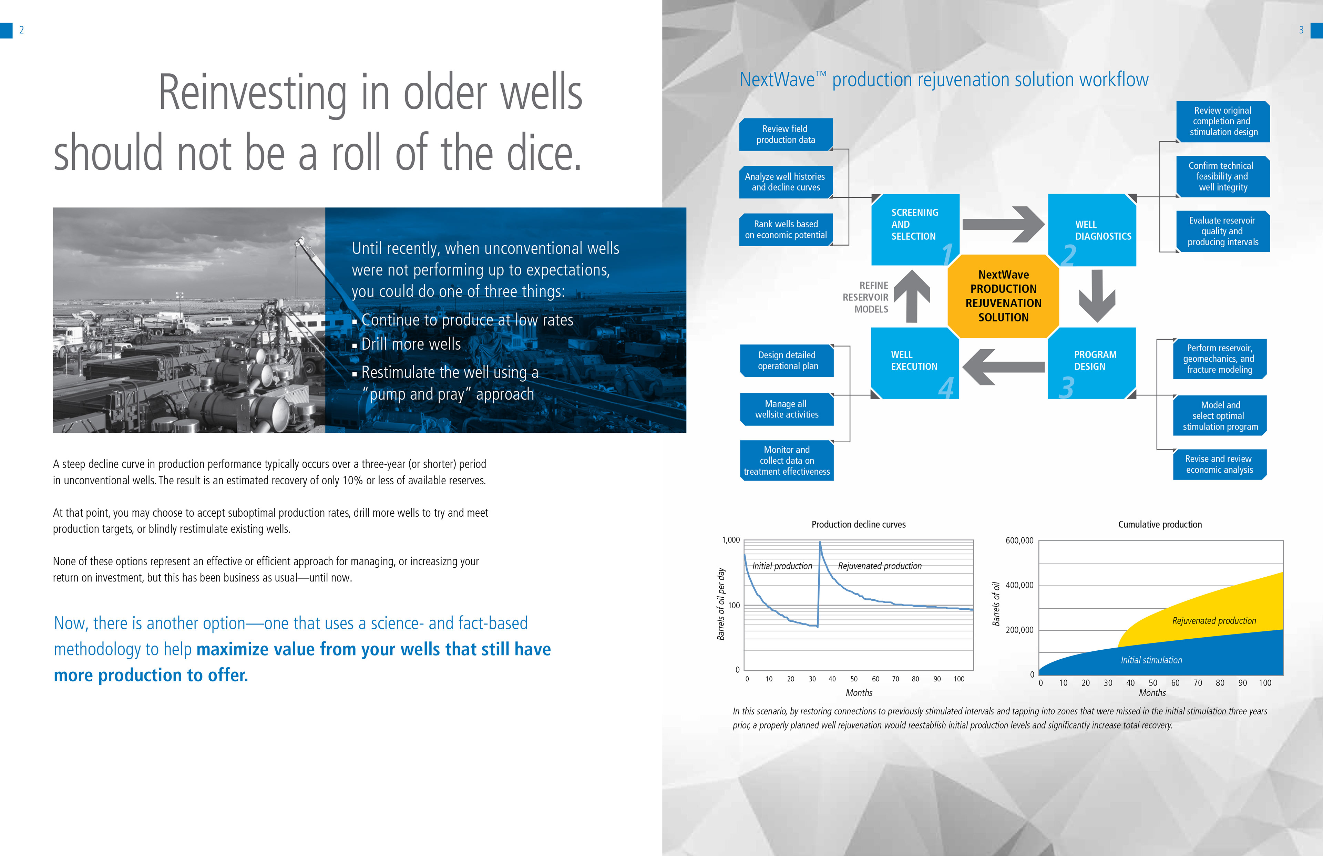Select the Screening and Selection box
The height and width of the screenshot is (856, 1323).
coord(915,229)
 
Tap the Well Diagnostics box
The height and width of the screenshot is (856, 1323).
coord(1092,229)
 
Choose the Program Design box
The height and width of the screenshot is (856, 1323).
coord(1092,363)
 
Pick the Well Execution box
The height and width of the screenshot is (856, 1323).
coord(915,363)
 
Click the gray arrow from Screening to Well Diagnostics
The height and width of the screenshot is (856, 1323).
coord(1003,224)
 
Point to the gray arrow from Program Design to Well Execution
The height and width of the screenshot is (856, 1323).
coord(1003,367)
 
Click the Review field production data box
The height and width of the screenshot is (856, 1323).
coord(786,134)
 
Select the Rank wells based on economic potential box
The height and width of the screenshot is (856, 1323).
coord(786,229)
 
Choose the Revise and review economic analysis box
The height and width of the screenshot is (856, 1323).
coord(1220,464)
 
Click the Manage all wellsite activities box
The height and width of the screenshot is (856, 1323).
coord(787,409)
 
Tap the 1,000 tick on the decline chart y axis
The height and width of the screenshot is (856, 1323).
coord(731,540)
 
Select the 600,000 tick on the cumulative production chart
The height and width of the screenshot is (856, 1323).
coord(1019,540)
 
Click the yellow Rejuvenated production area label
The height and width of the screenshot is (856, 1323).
coord(1214,620)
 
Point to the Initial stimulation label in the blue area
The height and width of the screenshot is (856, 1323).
coord(1151,660)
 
